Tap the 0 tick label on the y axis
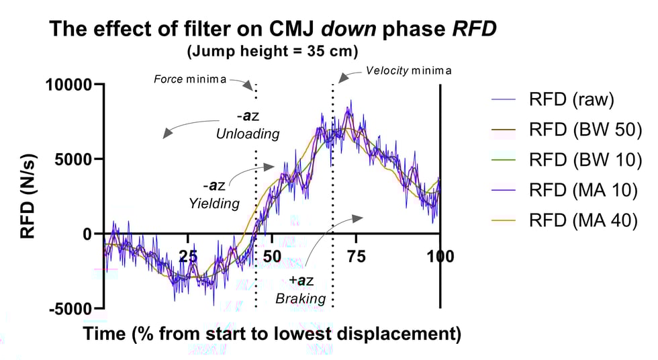click(87, 234)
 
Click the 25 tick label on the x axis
click(188, 257)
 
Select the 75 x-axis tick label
click(356, 257)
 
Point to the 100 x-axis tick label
click(440, 257)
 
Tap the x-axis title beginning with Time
click(272, 334)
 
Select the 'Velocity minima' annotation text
click(408, 71)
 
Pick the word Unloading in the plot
click(247, 134)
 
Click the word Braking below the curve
click(300, 298)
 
